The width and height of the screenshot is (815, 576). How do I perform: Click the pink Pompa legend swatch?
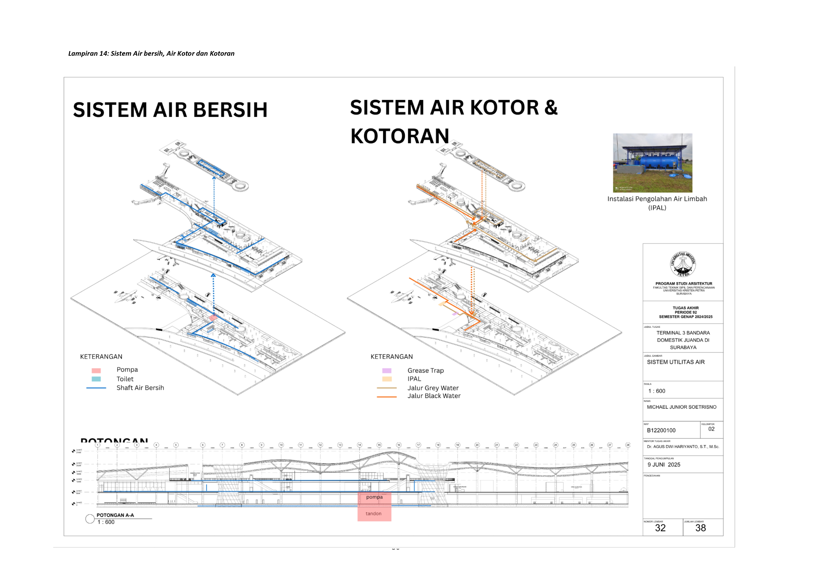pos(96,370)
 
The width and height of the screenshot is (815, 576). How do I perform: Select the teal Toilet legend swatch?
pos(96,379)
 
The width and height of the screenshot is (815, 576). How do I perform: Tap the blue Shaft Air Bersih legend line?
pos(96,388)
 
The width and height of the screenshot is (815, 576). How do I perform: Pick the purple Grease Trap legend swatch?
pos(387,371)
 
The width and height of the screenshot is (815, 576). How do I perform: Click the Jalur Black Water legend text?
pos(434,396)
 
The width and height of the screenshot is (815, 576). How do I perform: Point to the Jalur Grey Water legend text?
pos(433,388)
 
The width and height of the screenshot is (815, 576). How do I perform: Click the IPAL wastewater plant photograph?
pos(652,163)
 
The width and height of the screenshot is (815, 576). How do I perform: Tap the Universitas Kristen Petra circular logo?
pos(683,264)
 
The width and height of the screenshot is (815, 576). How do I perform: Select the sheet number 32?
pos(660,528)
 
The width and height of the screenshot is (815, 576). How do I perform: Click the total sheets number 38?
pos(700,528)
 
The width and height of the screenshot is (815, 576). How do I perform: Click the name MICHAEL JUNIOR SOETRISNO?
pos(682,407)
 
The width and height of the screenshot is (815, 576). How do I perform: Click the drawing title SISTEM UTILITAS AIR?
pos(676,362)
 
